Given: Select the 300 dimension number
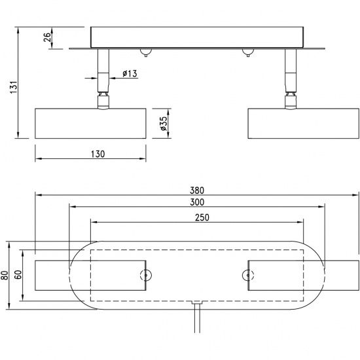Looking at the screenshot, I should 197,203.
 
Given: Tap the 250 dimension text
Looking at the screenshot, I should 197,218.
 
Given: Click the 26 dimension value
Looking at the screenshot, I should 48,37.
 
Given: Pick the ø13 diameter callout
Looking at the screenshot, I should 129,74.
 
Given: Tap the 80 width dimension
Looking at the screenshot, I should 5,275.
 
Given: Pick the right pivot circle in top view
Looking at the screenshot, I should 247,275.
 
